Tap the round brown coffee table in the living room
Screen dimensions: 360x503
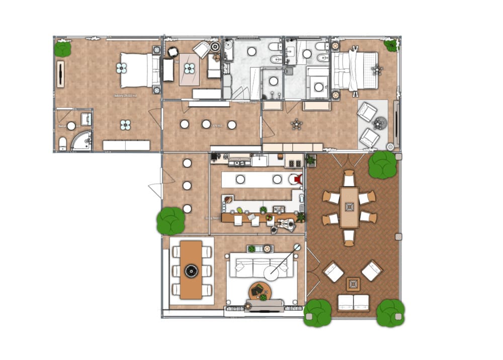(260, 291)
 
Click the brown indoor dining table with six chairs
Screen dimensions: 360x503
(191, 270)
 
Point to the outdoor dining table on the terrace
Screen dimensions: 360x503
(349, 207)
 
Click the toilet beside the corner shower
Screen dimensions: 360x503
(63, 144)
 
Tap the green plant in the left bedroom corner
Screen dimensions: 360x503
(63, 49)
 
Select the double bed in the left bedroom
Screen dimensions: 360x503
(136, 70)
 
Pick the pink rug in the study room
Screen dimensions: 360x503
(190, 69)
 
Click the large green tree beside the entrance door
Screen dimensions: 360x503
(171, 221)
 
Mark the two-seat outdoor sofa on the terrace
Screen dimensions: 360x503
(353, 302)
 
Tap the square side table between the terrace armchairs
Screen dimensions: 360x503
(353, 284)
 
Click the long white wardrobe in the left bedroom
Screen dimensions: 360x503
(126, 146)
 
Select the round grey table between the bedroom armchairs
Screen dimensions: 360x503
(380, 122)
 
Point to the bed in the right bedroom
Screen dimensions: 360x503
(355, 70)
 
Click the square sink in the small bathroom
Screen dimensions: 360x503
(87, 119)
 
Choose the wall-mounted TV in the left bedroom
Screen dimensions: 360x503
(60, 74)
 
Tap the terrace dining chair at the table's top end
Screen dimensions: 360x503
(349, 178)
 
